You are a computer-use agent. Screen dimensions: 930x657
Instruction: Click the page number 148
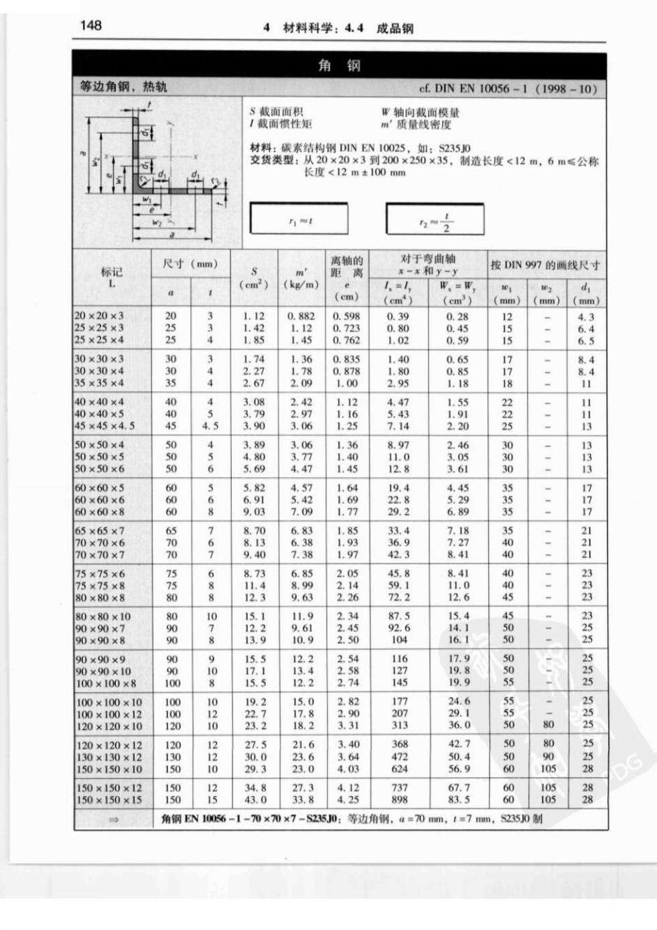pos(91,25)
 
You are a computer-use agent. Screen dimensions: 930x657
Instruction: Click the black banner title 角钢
pos(339,66)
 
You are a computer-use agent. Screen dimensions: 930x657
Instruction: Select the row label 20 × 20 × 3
pos(99,316)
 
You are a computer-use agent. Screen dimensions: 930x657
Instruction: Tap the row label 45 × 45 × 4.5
pos(104,426)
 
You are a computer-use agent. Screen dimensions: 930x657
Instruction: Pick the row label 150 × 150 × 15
pos(108,799)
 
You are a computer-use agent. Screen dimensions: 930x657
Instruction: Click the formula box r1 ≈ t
pos(299,220)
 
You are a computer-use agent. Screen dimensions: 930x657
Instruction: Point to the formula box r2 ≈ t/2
pos(435,220)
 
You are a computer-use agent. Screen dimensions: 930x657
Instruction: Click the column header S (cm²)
pos(254,277)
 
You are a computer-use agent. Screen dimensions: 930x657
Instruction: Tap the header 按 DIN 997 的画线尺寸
pos(545,265)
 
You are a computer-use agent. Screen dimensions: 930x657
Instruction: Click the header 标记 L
pos(111,277)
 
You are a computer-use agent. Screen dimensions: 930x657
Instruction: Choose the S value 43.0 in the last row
pos(254,799)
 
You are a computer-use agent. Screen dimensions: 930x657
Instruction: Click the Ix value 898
pos(399,799)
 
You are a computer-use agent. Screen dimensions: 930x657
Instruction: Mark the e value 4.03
pos(348,769)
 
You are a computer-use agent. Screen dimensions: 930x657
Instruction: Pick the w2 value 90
pos(548,757)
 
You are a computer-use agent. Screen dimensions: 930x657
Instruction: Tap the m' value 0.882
pos(301,316)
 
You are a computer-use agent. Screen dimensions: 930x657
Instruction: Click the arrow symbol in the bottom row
pos(113,819)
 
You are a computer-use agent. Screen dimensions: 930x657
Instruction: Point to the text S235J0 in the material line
pos(453,148)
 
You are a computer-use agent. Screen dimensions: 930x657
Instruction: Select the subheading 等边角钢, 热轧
pos(123,87)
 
